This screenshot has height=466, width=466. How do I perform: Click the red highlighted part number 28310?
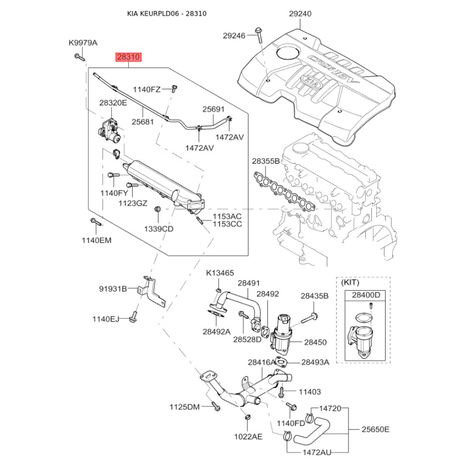[128, 57]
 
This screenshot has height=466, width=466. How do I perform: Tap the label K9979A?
[83, 43]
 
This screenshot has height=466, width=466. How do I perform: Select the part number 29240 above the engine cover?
[300, 14]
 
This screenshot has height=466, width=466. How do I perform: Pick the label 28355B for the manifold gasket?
[266, 161]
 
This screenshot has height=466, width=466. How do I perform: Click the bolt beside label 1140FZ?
[174, 89]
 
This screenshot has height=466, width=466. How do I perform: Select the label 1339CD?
[158, 228]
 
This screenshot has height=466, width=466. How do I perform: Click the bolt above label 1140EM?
[94, 222]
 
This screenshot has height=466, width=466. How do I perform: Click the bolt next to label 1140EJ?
[134, 317]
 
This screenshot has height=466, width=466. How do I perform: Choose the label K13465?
[220, 273]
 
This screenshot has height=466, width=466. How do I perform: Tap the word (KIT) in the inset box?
[350, 281]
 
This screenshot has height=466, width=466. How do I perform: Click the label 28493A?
[315, 362]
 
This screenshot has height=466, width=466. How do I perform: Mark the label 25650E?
[375, 430]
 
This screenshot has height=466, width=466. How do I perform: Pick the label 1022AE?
[249, 436]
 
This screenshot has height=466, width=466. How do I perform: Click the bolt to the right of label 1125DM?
[214, 405]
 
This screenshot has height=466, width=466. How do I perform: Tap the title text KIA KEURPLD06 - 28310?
[168, 13]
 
